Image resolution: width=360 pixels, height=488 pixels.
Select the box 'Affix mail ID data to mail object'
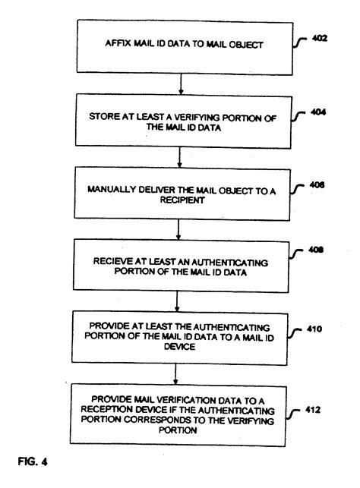coord(178,45)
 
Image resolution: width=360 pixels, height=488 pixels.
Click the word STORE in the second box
coord(106,116)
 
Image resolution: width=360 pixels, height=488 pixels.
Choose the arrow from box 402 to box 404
coord(178,83)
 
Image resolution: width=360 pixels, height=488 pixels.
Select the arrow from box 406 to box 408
coord(178,230)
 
